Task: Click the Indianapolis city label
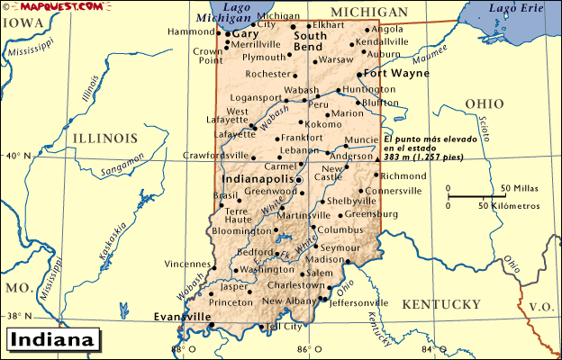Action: pos(258,179)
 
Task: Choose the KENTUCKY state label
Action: pos(441,304)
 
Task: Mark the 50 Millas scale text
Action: pos(520,188)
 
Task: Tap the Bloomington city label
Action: pos(241,231)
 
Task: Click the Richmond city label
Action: pos(403,175)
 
